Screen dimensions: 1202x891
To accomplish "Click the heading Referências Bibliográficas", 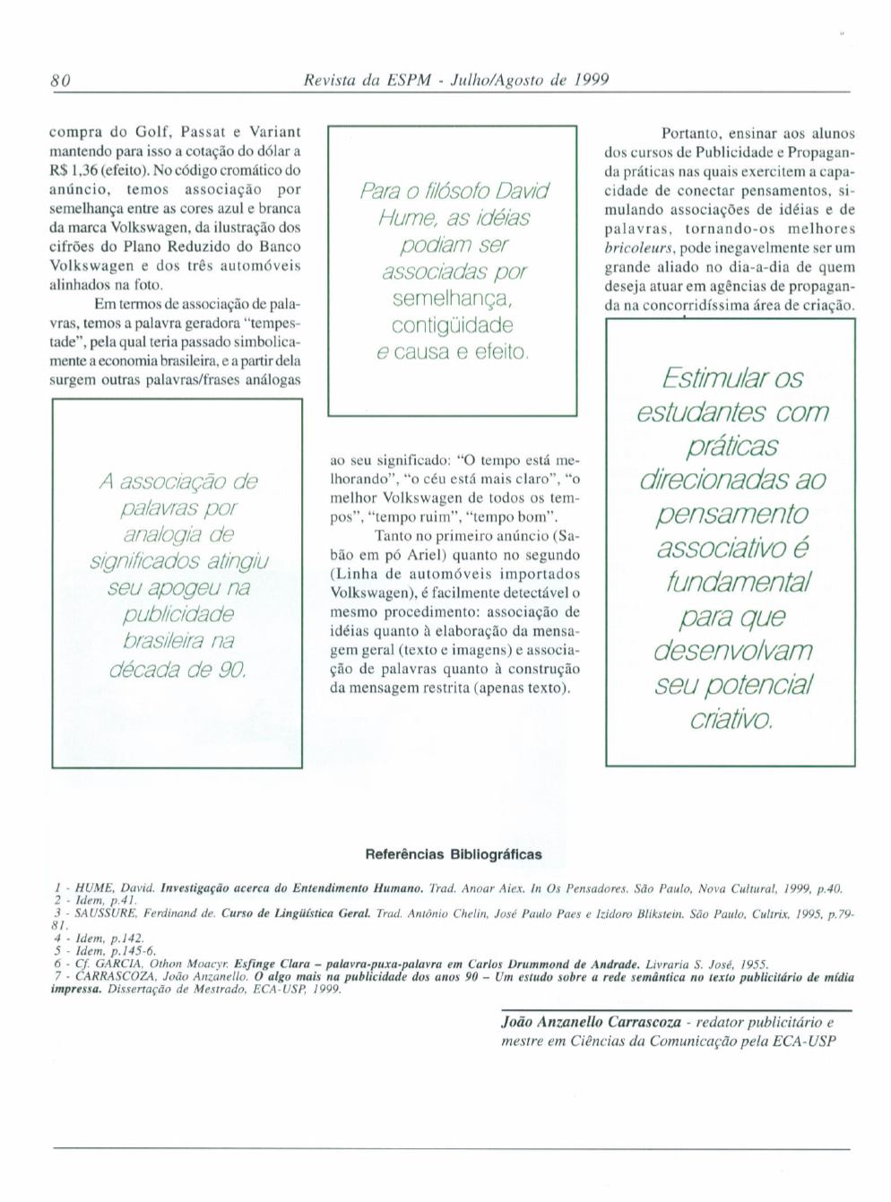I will pos(454,854).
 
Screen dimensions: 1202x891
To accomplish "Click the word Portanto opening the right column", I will pos(687,133).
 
